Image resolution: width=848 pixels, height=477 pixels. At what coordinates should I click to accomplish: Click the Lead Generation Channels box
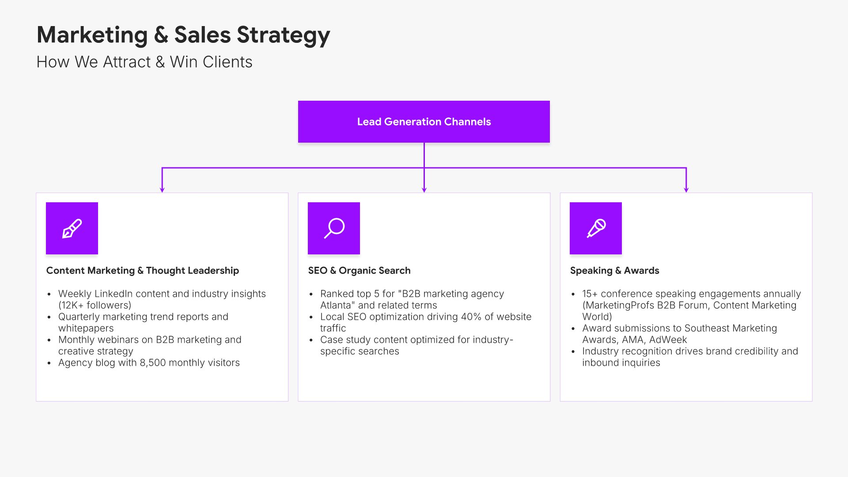424,121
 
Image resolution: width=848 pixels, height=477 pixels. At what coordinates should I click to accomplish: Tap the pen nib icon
72,228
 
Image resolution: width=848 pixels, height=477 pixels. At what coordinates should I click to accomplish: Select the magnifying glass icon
334,228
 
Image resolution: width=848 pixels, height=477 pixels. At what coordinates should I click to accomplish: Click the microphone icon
596,228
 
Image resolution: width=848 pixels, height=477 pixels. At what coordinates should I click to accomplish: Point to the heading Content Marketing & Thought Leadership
142,270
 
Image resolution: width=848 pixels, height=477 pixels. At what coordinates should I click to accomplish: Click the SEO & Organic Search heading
359,270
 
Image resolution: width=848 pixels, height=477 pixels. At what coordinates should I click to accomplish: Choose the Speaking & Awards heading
614,270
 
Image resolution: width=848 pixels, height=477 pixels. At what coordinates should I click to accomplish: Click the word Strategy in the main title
283,35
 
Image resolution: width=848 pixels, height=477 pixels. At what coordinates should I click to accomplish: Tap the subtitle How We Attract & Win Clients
144,62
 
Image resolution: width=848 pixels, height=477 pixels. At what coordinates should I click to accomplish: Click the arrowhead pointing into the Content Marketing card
162,189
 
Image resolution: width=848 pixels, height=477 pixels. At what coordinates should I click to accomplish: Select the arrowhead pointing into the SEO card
424,189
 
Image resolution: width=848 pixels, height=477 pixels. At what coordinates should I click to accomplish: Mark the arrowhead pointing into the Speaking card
686,189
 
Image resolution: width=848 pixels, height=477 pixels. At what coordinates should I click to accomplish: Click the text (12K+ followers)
95,305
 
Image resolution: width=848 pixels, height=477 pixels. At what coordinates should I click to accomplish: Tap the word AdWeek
668,340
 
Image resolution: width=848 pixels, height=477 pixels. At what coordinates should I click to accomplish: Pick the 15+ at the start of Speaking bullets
590,294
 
